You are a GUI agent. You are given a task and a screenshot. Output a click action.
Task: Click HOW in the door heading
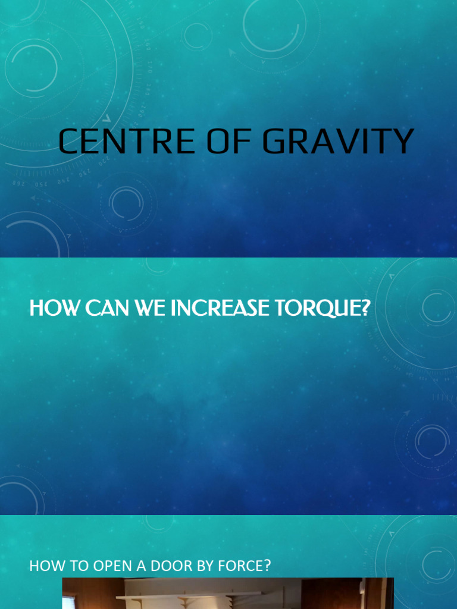pyautogui.click(x=44, y=566)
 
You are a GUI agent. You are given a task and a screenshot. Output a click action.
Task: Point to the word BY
pyautogui.click(x=202, y=566)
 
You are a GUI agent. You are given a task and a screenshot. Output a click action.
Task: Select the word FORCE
pyautogui.click(x=239, y=566)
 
